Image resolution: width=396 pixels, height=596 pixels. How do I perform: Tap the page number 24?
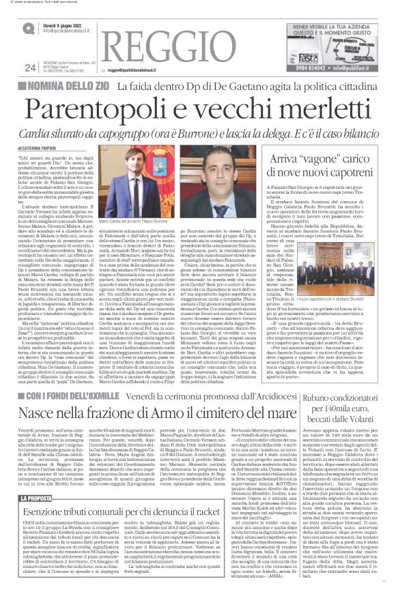[29, 67]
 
